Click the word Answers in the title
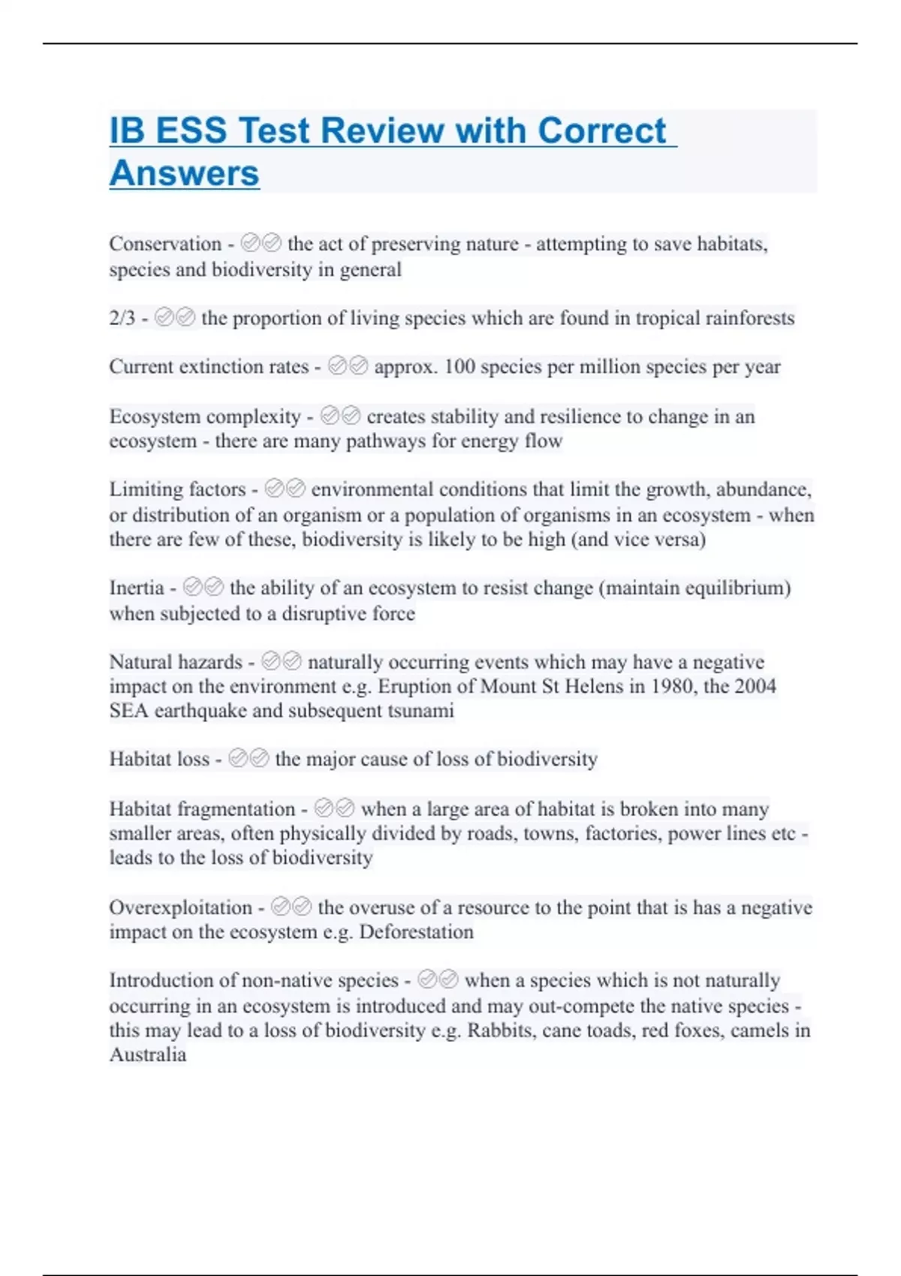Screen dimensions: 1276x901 [x=184, y=173]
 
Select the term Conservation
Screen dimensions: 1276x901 [x=165, y=244]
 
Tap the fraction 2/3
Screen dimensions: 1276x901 [x=122, y=318]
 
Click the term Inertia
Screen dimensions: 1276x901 [x=137, y=588]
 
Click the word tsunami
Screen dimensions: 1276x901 [x=420, y=711]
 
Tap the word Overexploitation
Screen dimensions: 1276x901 [x=180, y=907]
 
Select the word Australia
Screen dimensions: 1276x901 [x=148, y=1055]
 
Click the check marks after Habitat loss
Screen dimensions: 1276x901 [x=249, y=759]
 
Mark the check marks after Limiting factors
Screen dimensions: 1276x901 [x=285, y=489]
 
